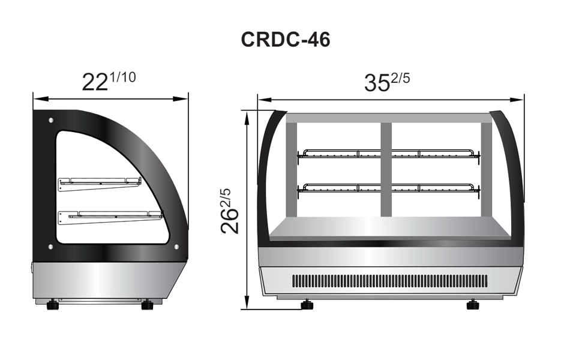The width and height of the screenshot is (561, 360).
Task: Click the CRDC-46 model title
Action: [286, 40]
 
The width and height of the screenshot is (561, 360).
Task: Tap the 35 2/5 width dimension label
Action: [387, 82]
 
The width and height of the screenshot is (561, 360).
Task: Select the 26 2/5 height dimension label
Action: [230, 211]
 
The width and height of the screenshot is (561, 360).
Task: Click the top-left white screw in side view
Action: [51, 120]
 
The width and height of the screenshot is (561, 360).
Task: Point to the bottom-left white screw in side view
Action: [50, 247]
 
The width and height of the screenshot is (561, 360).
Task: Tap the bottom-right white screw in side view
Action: [176, 247]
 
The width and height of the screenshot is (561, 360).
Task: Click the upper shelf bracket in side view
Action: [100, 183]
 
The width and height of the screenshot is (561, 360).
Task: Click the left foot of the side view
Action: [52, 305]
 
